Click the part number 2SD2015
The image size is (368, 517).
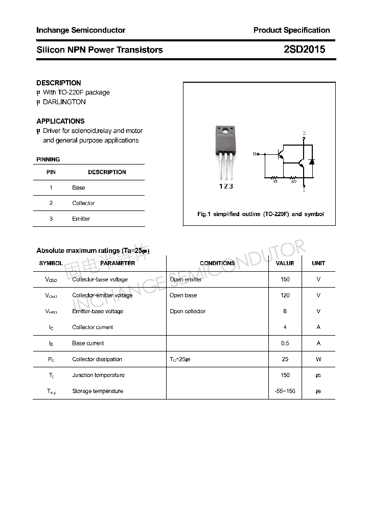pyautogui.click(x=305, y=50)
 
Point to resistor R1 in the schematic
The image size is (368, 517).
pyautogui.click(x=274, y=178)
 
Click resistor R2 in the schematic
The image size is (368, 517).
pyautogui.click(x=294, y=178)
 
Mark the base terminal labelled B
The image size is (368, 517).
pyautogui.click(x=255, y=153)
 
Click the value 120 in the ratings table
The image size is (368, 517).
pyautogui.click(x=285, y=295)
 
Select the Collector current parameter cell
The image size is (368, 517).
pyautogui.click(x=93, y=327)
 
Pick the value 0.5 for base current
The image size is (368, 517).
pyautogui.click(x=285, y=343)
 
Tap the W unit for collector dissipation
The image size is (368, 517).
pyautogui.click(x=318, y=359)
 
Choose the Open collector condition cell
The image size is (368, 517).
pyautogui.click(x=188, y=311)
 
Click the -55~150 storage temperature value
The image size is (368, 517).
pyautogui.click(x=285, y=391)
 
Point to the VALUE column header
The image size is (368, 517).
pyautogui.click(x=285, y=263)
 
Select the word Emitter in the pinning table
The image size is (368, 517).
pyautogui.click(x=81, y=219)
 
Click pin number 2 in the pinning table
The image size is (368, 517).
pyautogui.click(x=51, y=203)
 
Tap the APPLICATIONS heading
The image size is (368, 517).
pyautogui.click(x=60, y=121)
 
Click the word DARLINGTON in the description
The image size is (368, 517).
pyautogui.click(x=64, y=102)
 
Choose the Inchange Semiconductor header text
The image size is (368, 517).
pyautogui.click(x=81, y=30)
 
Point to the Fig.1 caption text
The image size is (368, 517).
pyautogui.click(x=260, y=214)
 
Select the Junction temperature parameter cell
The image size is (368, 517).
pyautogui.click(x=98, y=375)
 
